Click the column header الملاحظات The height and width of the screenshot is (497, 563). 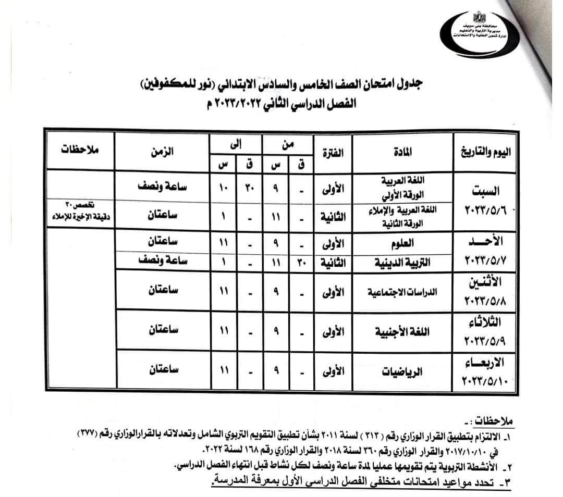pos(79,151)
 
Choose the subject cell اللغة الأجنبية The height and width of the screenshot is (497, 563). pos(402,331)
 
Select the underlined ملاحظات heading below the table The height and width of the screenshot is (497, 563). pos(488,420)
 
